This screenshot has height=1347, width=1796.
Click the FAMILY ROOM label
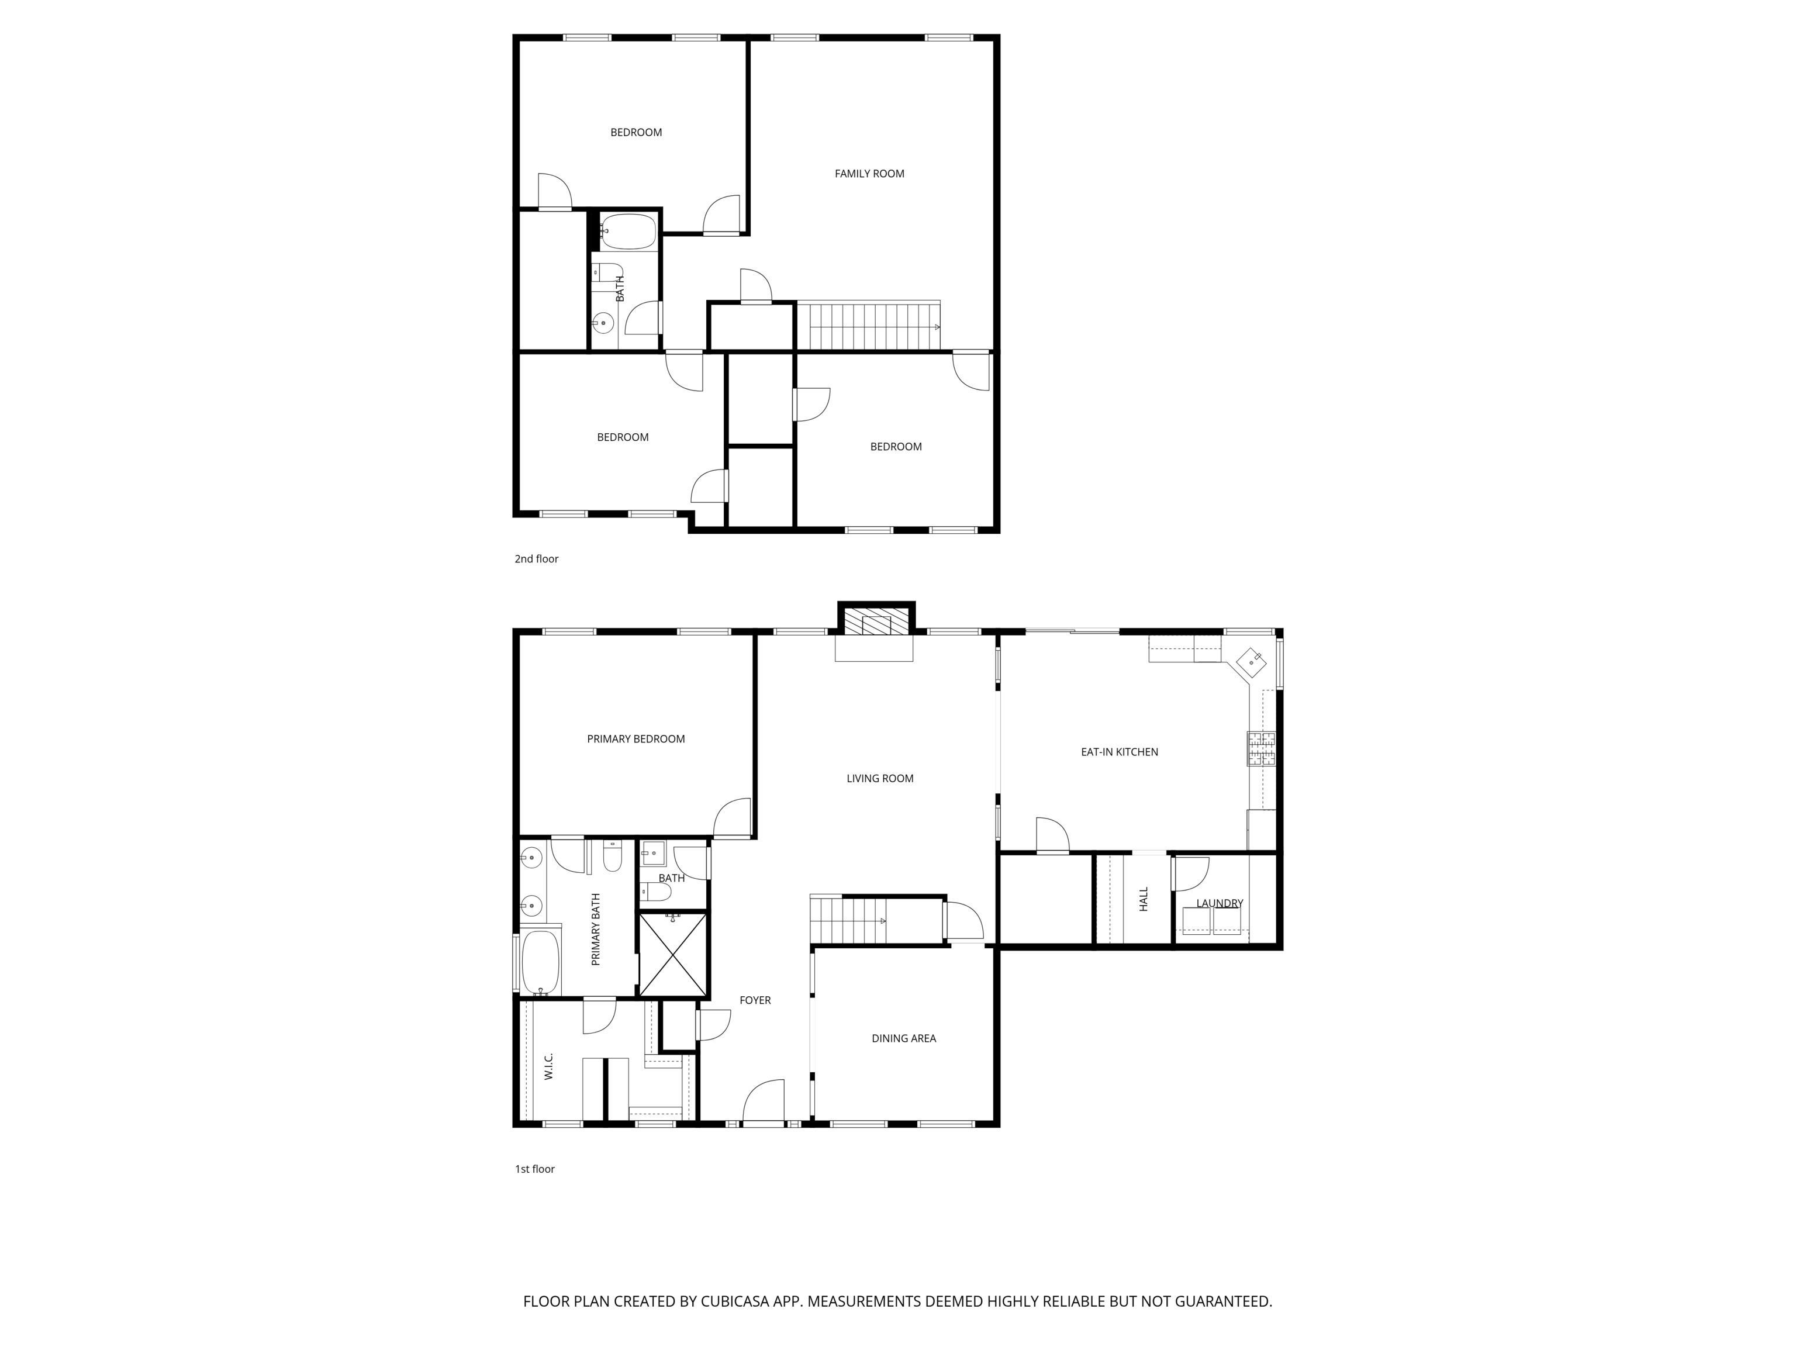pyautogui.click(x=869, y=174)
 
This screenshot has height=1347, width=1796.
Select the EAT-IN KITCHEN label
pyautogui.click(x=1119, y=752)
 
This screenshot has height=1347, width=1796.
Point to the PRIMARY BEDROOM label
pyautogui.click(x=635, y=739)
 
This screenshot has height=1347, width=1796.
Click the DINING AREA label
pyautogui.click(x=904, y=1038)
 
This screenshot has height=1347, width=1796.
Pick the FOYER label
pyautogui.click(x=755, y=1000)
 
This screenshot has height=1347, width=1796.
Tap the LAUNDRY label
pyautogui.click(x=1220, y=903)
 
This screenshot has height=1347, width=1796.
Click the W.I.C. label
pyautogui.click(x=549, y=1066)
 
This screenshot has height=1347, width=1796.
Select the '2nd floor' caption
pyautogui.click(x=537, y=558)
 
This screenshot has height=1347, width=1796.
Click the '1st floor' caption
pyautogui.click(x=535, y=1169)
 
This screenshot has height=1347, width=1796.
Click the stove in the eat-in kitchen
pyautogui.click(x=1261, y=748)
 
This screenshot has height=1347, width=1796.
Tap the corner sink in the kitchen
pyautogui.click(x=1251, y=662)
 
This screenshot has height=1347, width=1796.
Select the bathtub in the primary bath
pyautogui.click(x=540, y=963)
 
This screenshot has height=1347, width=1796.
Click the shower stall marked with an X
pyautogui.click(x=673, y=955)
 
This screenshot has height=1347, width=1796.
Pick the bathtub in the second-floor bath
pyautogui.click(x=628, y=232)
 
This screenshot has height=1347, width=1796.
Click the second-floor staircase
pyautogui.click(x=869, y=326)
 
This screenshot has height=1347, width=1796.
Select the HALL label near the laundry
pyautogui.click(x=1143, y=899)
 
